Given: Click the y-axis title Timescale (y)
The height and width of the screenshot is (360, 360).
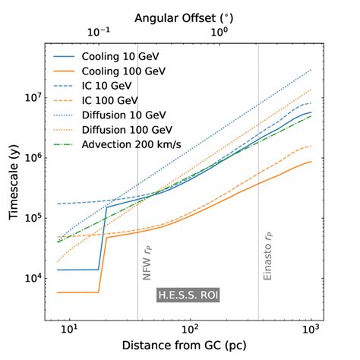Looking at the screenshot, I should pyautogui.click(x=15, y=181).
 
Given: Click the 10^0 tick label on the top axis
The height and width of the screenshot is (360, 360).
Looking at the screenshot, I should pyautogui.click(x=219, y=33).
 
